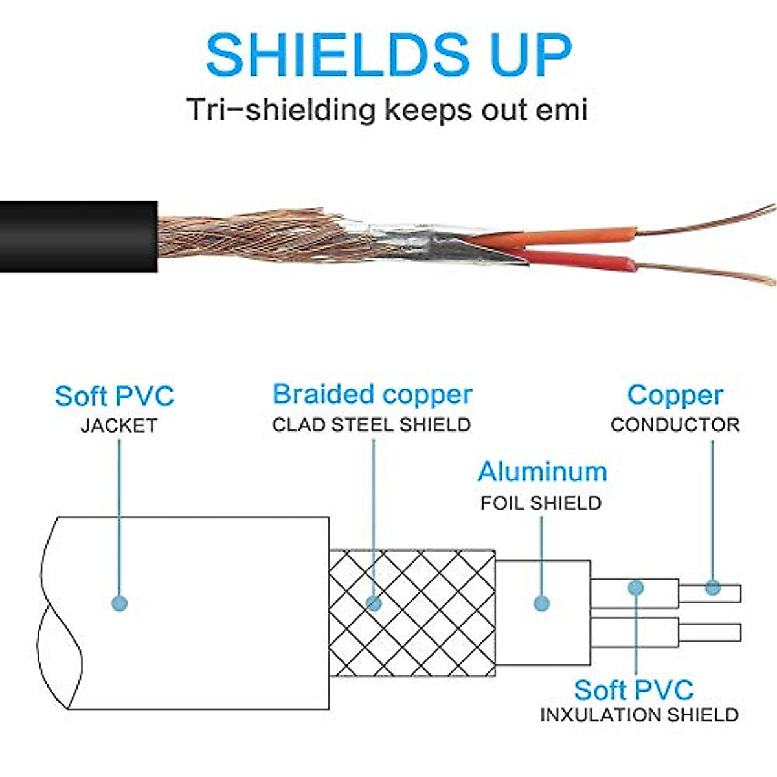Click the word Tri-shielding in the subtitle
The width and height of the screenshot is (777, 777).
point(281,109)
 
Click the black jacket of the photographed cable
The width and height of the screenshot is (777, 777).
point(78,236)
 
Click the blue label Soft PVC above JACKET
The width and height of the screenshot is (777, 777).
point(115,396)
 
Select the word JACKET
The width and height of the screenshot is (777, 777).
point(118,426)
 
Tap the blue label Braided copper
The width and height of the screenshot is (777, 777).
point(372,394)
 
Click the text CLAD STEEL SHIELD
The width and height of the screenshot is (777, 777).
point(372,425)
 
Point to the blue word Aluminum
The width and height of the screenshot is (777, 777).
point(543,471)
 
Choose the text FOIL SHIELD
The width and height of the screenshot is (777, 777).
point(541,503)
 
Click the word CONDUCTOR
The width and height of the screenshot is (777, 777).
point(675,425)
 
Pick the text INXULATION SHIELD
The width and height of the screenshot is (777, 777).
point(639,715)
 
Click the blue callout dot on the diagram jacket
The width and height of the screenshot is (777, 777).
point(119,603)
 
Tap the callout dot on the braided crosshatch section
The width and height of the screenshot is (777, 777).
point(374,603)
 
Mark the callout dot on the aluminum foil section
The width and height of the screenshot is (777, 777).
point(542,603)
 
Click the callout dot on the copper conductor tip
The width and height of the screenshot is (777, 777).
point(713,588)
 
